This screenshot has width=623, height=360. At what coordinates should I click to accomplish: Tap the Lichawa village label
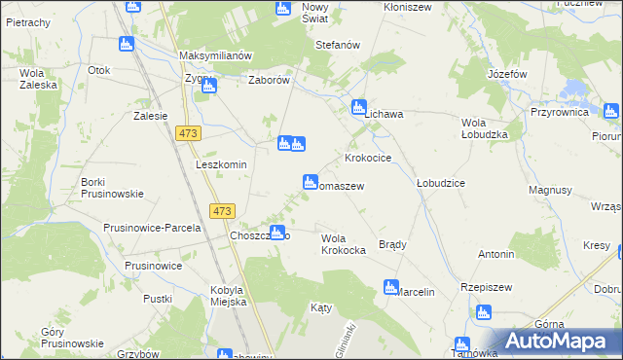click(384, 114)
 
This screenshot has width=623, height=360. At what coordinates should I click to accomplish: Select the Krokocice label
click(368, 158)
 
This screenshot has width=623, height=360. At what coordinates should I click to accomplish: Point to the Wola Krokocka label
click(343, 244)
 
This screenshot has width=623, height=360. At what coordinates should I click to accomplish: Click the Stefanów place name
click(338, 46)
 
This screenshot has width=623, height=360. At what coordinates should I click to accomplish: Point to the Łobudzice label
click(440, 183)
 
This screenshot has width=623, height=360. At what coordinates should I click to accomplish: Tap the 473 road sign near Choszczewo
click(223, 210)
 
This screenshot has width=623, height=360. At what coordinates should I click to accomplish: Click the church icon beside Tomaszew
click(311, 181)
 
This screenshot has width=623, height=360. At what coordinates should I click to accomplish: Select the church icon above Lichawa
click(358, 107)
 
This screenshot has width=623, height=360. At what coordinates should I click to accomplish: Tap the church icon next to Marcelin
click(390, 287)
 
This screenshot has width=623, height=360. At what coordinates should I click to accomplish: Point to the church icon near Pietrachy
click(126, 44)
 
